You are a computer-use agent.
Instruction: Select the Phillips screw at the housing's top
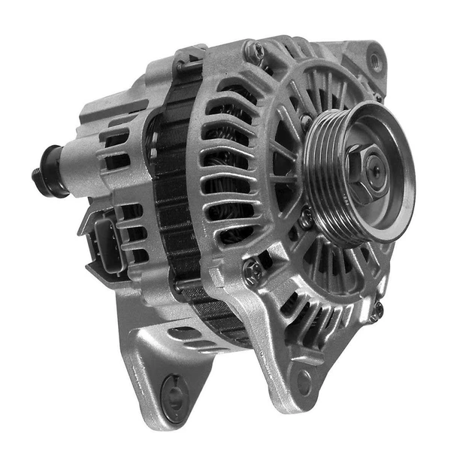click(x=256, y=51)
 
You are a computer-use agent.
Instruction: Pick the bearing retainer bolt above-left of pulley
click(x=305, y=120)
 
